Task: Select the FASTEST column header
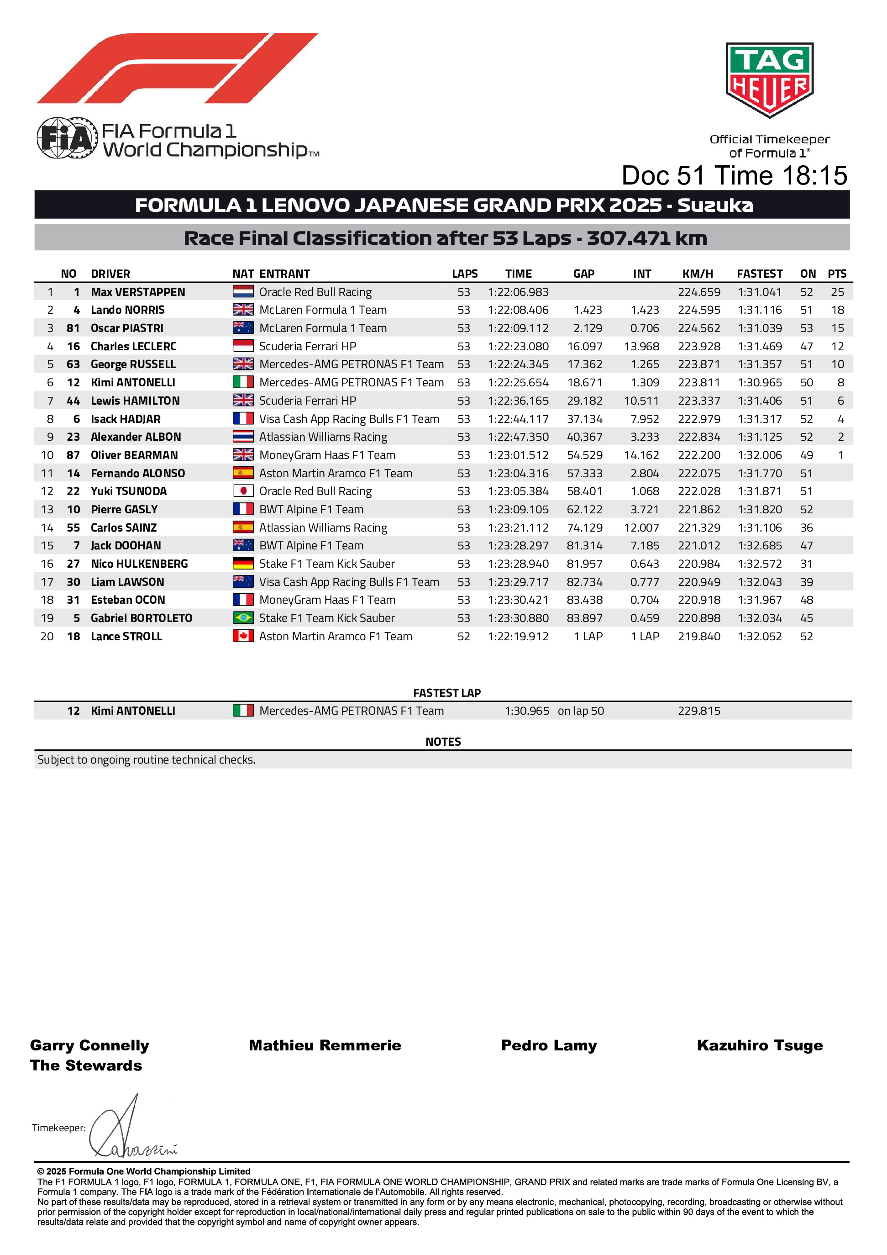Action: [759, 274]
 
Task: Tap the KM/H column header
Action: [698, 274]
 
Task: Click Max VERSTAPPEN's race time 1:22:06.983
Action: [518, 292]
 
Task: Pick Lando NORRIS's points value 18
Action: [837, 310]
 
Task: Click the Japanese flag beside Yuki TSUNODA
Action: [243, 491]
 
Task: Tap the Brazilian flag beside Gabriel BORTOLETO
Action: [243, 618]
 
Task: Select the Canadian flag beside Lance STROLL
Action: [243, 636]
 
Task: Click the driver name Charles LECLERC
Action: [133, 347]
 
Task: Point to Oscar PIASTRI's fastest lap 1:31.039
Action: [759, 328]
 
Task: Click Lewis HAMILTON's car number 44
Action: [73, 401]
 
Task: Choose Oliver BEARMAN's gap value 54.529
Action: [584, 455]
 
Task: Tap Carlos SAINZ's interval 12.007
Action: [641, 528]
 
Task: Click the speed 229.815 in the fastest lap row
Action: [699, 711]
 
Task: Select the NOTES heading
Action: [443, 742]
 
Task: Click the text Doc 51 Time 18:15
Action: [734, 176]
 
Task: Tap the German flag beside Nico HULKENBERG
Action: [243, 564]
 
